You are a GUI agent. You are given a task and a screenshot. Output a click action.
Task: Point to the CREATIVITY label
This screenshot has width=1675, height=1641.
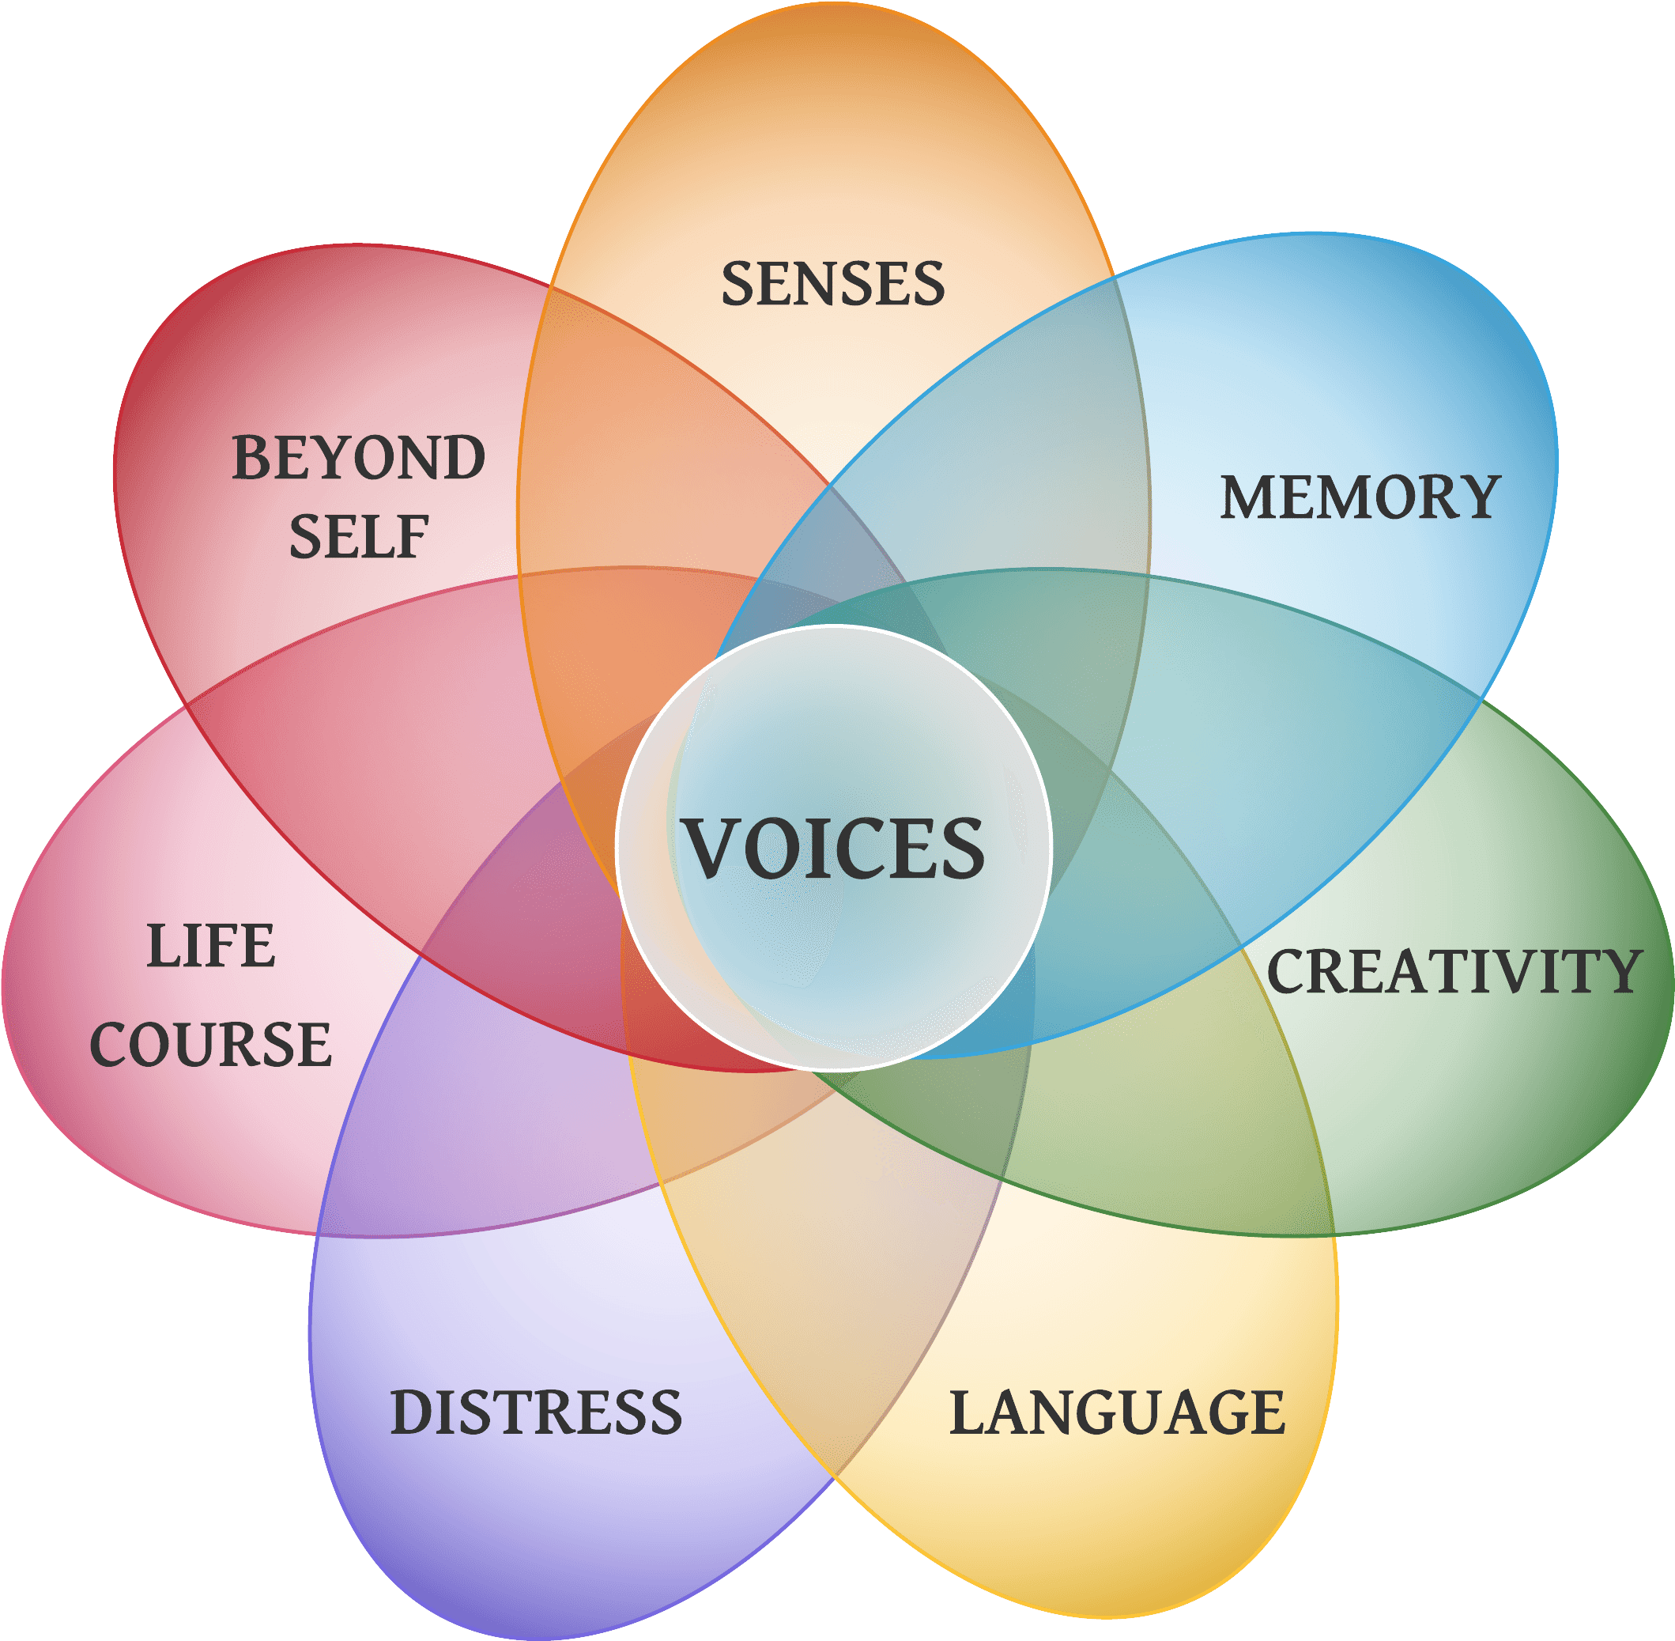tap(1454, 971)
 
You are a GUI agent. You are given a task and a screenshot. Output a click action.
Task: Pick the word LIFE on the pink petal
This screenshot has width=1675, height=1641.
tap(211, 946)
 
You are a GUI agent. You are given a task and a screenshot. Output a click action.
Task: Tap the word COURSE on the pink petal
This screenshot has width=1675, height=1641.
tap(211, 1045)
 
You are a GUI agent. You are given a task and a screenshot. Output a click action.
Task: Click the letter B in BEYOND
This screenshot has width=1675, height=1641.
tap(252, 458)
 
